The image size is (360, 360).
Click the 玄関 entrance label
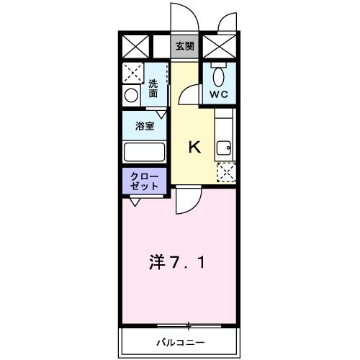[x=184, y=46]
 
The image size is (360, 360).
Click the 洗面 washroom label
[x=153, y=89]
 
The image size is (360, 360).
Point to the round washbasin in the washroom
[x=132, y=95]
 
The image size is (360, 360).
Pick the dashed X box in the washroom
[x=132, y=73]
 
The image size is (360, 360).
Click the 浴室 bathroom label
[x=145, y=127]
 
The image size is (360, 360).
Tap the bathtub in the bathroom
[x=145, y=152]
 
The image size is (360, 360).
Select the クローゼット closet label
[x=145, y=181]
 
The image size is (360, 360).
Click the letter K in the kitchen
[x=194, y=147]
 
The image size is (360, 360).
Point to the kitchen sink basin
[x=225, y=148]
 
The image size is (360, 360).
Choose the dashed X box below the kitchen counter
[x=226, y=171]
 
